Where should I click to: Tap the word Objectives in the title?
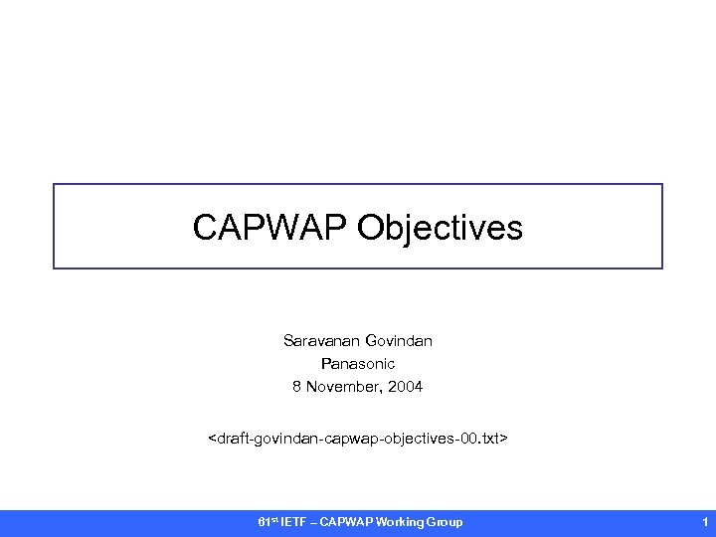441,228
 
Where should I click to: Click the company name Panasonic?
357,364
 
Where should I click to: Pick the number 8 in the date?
296,387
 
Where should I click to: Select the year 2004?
406,387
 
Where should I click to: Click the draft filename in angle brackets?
357,437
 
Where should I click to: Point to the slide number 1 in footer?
704,522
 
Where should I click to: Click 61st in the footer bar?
266,522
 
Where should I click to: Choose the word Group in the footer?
445,522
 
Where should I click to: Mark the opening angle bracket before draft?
211,437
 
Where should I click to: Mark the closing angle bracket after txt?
505,437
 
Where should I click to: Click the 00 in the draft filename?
460,437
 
